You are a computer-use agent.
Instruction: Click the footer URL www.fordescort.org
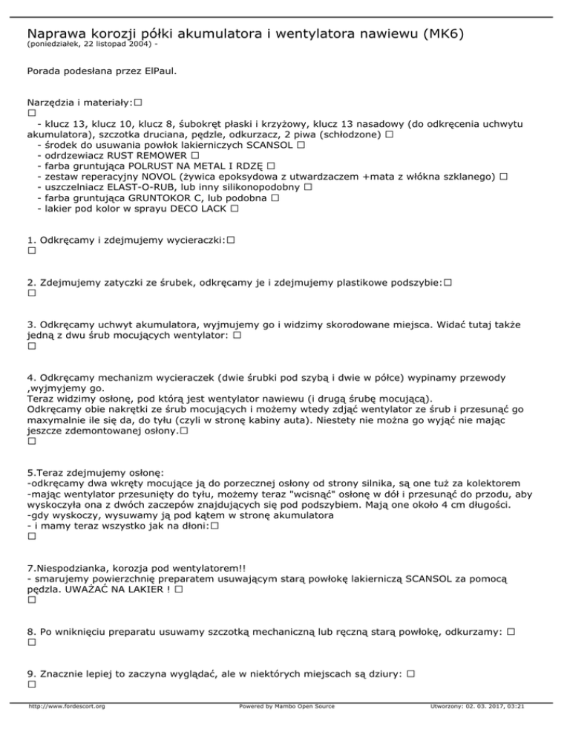[x=65, y=727]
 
